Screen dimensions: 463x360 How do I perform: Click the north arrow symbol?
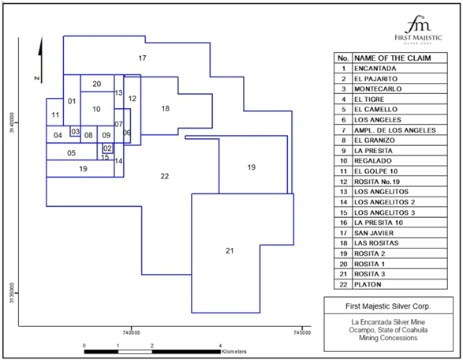coord(40,60)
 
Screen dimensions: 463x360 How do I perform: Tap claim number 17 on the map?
coord(142,58)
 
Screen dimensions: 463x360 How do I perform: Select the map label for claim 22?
coord(165,176)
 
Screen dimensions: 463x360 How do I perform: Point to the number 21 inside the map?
coord(230,250)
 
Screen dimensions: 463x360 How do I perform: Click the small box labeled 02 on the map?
coord(107,148)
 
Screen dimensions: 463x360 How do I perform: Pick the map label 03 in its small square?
coord(75,131)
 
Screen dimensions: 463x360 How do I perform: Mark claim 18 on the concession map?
coord(166,108)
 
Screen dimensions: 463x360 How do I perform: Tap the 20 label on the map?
coord(97,84)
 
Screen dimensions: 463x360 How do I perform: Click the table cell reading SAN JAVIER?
coord(374,233)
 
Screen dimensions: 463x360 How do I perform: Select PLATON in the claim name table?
coord(368,284)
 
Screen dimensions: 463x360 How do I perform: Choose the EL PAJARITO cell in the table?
coord(376,79)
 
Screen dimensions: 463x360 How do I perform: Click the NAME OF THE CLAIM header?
coord(393,58)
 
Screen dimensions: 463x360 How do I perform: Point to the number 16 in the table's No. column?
coord(343,223)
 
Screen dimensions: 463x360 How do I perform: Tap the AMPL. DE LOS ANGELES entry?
coord(395,130)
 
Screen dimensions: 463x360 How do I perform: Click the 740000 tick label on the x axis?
coord(132,333)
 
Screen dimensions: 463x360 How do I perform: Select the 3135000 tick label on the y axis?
coord(12,293)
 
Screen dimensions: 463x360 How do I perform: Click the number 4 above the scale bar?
coord(220,346)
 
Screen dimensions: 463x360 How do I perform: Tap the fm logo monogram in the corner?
coord(418,24)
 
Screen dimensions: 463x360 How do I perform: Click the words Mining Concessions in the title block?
coord(388,338)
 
